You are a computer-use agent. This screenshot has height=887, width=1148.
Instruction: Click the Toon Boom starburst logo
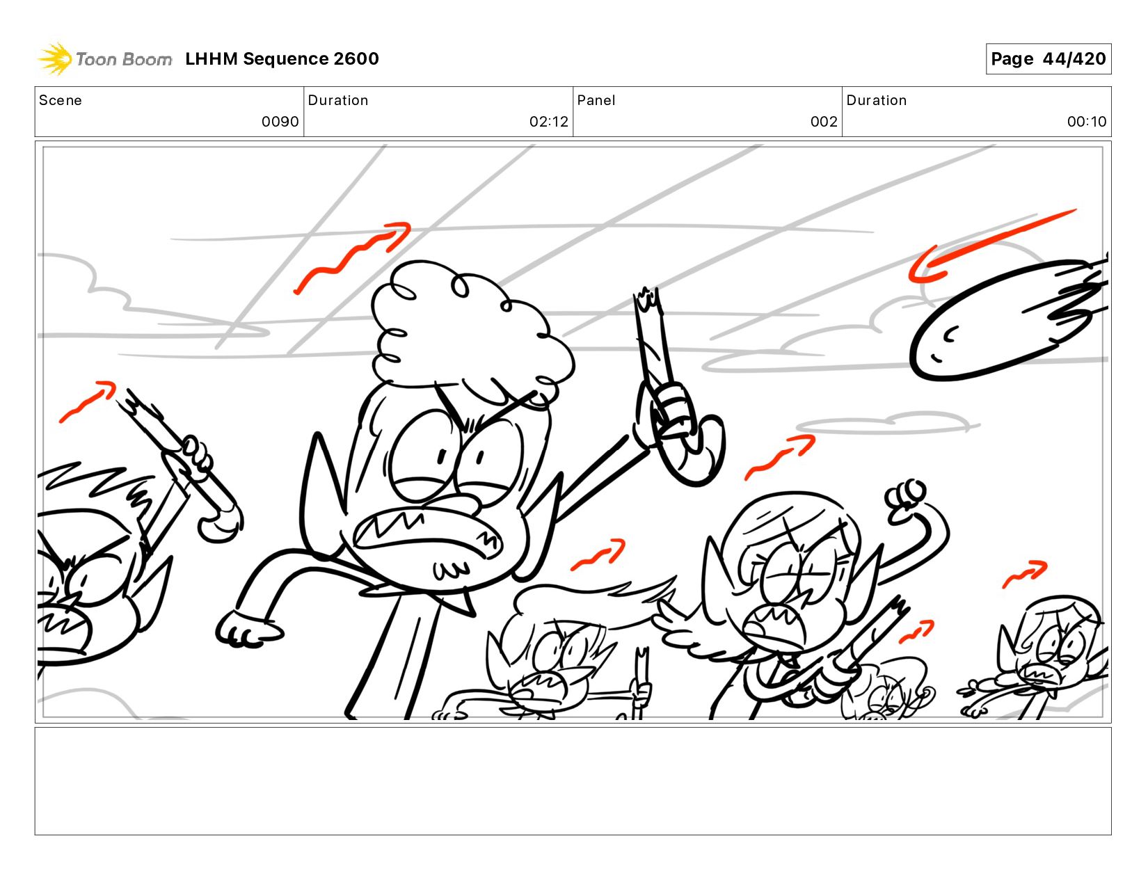pyautogui.click(x=55, y=58)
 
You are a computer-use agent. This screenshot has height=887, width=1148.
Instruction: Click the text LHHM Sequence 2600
pyautogui.click(x=282, y=58)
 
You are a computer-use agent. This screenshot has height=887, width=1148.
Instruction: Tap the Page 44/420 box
pyautogui.click(x=1048, y=58)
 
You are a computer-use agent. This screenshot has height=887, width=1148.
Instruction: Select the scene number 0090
pyautogui.click(x=280, y=122)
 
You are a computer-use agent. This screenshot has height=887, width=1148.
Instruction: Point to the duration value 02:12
pyautogui.click(x=549, y=122)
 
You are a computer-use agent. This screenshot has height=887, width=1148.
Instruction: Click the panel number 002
pyautogui.click(x=824, y=122)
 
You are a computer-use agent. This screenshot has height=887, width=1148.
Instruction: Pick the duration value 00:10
pyautogui.click(x=1087, y=122)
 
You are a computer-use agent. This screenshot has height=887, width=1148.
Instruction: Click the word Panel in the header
pyautogui.click(x=596, y=100)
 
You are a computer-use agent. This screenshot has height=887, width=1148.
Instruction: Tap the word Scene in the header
pyautogui.click(x=61, y=100)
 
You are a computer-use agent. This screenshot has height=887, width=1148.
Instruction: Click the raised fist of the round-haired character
pyautogui.click(x=905, y=500)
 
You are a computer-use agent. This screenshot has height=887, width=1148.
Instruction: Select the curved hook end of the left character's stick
pyautogui.click(x=222, y=523)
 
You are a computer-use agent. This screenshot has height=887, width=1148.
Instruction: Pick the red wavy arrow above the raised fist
pyautogui.click(x=780, y=456)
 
